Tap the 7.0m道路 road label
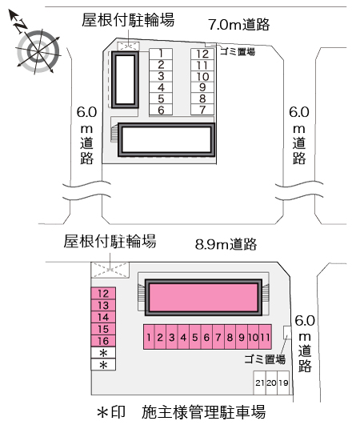[239, 24]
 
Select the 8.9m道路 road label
[226, 244]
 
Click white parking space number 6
[161, 110]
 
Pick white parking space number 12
[202, 54]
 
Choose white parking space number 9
[202, 87]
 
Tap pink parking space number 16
[103, 341]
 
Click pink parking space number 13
[103, 306]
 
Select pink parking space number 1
[149, 337]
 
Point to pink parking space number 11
[266, 337]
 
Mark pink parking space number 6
[206, 337]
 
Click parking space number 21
[259, 383]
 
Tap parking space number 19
[283, 383]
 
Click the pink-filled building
[203, 297]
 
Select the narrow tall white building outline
[125, 80]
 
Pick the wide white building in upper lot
[166, 140]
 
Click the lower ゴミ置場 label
[265, 359]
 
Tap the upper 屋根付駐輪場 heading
[128, 20]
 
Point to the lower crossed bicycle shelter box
[110, 270]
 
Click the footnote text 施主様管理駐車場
[203, 412]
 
